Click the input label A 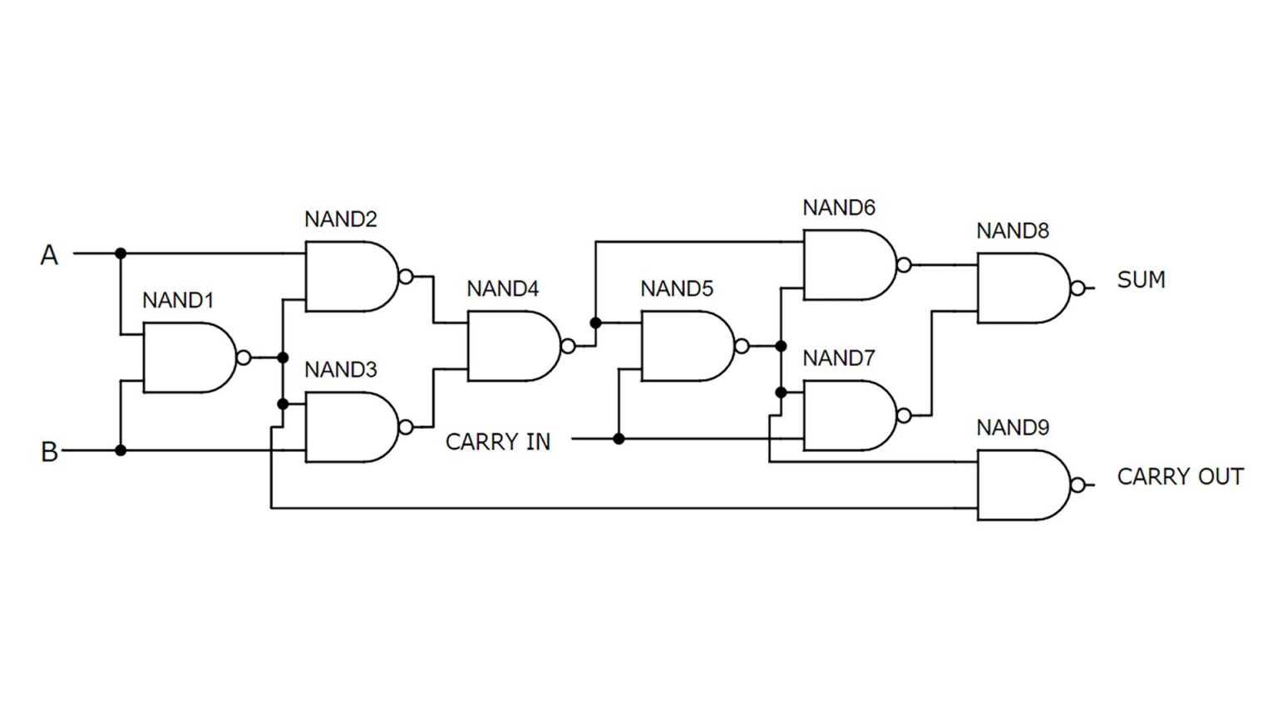[49, 254]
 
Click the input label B [49, 451]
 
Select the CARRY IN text [497, 441]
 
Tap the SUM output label [1141, 279]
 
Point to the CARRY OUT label [1180, 476]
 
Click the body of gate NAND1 [187, 358]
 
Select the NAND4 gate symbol [511, 347]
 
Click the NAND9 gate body [1021, 485]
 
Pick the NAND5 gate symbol [685, 347]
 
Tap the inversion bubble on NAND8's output [1077, 288]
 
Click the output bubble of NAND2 [406, 277]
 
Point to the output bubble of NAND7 [904, 416]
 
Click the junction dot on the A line [121, 253]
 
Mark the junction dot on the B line [121, 450]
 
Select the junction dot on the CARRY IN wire [619, 439]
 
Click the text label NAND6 [838, 208]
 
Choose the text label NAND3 [340, 369]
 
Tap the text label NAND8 [1012, 230]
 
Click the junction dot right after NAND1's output [283, 357]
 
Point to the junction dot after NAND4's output [595, 322]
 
